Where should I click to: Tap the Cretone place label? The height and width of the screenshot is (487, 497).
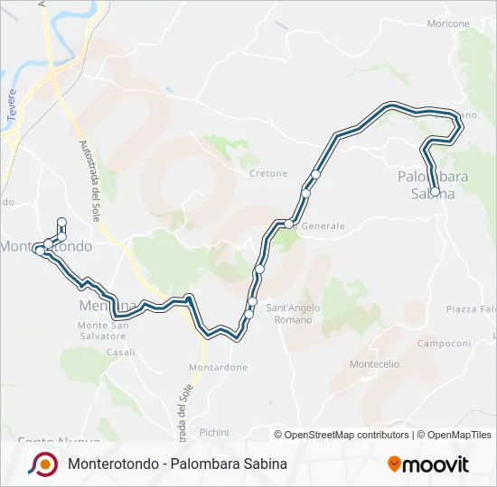point(268,173)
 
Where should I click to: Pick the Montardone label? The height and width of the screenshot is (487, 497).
point(218,368)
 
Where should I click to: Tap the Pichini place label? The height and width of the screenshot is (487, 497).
point(214,432)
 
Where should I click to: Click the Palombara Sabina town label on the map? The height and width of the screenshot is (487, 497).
point(433,184)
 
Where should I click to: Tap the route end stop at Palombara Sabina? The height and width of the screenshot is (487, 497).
point(435,192)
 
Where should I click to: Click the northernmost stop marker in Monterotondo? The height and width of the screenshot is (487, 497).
point(61,222)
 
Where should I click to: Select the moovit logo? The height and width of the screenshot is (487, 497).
point(428,464)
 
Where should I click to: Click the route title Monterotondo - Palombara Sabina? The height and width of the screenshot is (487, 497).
point(177,464)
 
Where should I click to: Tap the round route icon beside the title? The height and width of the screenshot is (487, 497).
point(42,464)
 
